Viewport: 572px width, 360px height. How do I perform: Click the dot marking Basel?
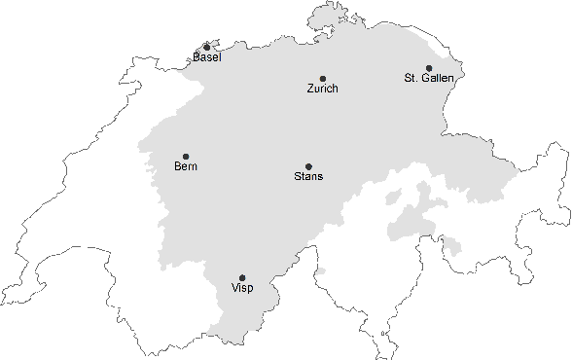click(206, 47)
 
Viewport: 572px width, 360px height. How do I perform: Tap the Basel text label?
click(206, 57)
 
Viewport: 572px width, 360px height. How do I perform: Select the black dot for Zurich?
click(323, 79)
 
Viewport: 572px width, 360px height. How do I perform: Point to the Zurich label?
click(322, 90)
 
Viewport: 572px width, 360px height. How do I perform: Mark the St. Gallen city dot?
click(429, 68)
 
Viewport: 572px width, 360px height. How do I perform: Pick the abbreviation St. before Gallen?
click(411, 78)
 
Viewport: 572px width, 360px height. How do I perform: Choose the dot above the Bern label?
click(186, 157)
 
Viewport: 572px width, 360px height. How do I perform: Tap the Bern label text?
click(186, 167)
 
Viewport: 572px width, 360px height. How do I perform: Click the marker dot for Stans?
click(308, 166)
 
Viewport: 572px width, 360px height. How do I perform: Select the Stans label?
click(308, 177)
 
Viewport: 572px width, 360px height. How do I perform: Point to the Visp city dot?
click(242, 278)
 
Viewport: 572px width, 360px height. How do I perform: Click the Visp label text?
click(242, 289)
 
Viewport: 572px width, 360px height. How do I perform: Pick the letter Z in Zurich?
click(310, 90)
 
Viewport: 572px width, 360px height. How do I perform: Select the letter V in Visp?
click(234, 289)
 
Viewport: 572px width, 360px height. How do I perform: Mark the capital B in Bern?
click(178, 167)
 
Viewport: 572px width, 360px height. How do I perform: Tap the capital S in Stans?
click(298, 177)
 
